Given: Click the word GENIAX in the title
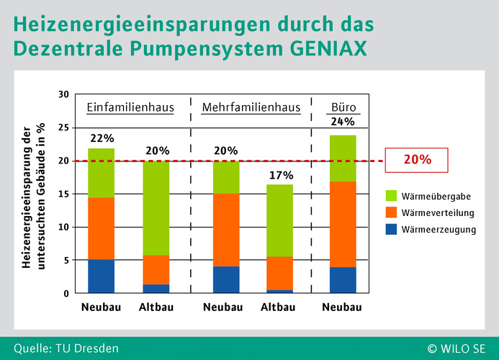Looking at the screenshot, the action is pos(328,48).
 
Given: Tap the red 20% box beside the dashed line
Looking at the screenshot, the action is pos(417,160).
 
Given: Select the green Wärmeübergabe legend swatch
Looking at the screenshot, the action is pos(391,195).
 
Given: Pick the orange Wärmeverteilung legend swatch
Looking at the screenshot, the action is pos(391,212).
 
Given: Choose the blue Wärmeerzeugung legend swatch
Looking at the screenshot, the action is pos(391,229).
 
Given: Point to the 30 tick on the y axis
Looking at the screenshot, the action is pos(63,94).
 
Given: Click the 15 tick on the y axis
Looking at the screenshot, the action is pos(63,194).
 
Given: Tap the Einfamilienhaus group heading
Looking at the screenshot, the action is pos(130,107).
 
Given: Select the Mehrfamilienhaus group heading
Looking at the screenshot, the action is pos(251,107).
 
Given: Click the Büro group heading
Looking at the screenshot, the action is pos(343,107).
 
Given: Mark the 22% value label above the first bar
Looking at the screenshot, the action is pos(102,138).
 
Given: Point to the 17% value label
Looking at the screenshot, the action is pos(282,175).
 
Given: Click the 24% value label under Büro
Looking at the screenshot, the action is pos(343,122).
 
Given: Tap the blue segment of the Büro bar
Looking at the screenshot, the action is pos(343,280).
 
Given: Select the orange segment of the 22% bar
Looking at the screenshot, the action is pos(102,228).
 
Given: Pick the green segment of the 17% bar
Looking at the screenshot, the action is pos(279,220).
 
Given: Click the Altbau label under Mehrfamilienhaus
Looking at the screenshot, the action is pos(278,307).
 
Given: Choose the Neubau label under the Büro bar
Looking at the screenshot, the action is pos(342,307).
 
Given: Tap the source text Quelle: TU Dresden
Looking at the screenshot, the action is pos(66,348).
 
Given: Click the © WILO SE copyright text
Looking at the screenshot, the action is pos(457,349).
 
